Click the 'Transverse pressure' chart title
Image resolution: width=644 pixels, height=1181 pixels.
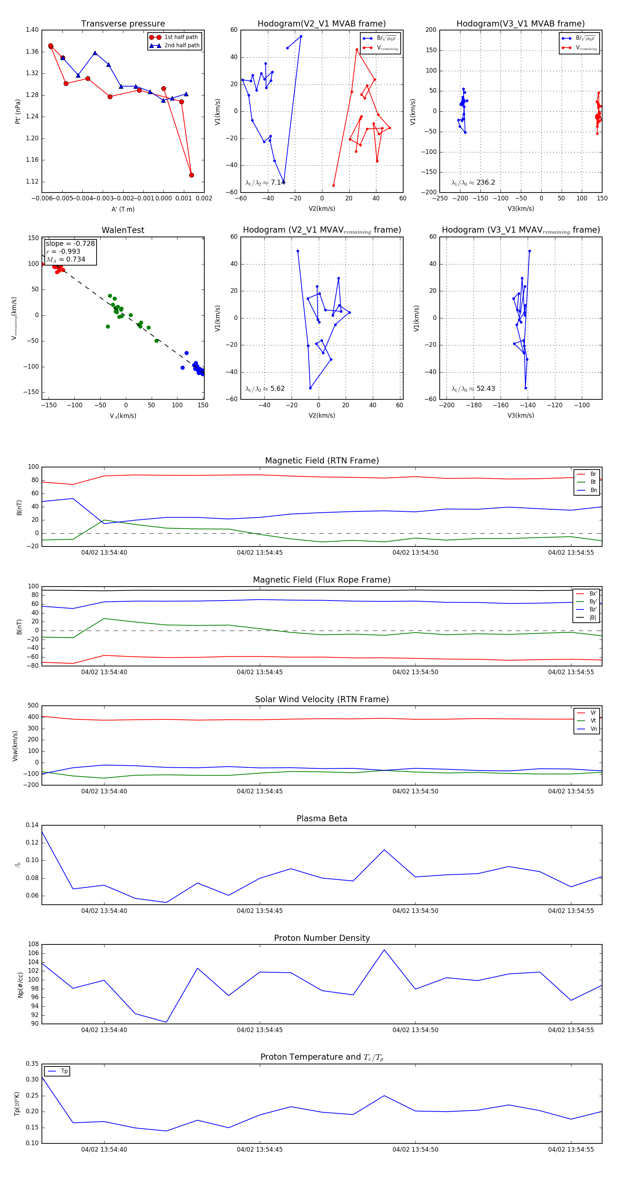pos(123,24)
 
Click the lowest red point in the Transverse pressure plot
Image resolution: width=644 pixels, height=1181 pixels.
pos(191,175)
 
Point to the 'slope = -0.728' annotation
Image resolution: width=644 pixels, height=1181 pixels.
pos(70,243)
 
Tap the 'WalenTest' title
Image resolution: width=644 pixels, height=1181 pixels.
pos(123,230)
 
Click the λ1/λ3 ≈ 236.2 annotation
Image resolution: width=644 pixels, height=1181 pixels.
pos(473,183)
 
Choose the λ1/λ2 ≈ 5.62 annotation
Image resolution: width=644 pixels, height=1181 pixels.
pos(265,389)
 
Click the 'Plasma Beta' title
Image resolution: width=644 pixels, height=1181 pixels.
pos(322,818)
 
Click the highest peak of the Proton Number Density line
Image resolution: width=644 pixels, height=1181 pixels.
pos(384,949)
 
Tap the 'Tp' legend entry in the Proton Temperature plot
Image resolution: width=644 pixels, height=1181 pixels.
pos(64,1071)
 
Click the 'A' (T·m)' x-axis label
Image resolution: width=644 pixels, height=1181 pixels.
pos(123,209)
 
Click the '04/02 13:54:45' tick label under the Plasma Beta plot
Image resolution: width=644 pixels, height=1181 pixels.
pos(259,910)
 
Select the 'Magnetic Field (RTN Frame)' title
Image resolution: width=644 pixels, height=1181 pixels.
pos(322,461)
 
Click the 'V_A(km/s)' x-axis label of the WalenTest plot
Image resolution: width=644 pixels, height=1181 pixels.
pos(123,416)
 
